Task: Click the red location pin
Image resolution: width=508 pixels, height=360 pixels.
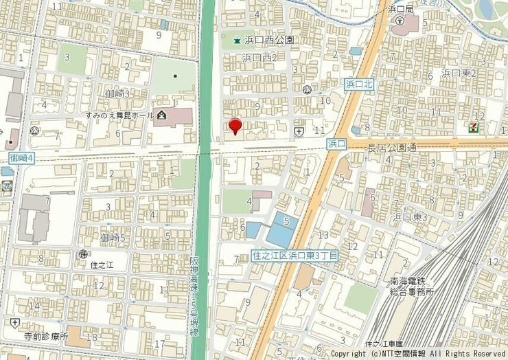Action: pyautogui.click(x=235, y=126)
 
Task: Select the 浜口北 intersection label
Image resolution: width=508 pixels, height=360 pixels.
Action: pyautogui.click(x=358, y=84)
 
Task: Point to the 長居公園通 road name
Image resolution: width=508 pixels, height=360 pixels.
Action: pyautogui.click(x=392, y=148)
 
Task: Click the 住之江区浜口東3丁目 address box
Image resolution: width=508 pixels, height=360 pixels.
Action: pyautogui.click(x=295, y=255)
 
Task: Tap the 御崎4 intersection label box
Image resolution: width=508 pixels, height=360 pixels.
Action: pyautogui.click(x=17, y=159)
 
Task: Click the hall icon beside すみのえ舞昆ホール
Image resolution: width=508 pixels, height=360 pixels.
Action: pyautogui.click(x=161, y=114)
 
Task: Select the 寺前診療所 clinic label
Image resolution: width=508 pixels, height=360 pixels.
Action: pyautogui.click(x=46, y=337)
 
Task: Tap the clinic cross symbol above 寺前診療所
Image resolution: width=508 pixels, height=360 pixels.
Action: pyautogui.click(x=15, y=323)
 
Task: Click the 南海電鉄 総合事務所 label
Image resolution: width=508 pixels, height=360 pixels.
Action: pyautogui.click(x=412, y=286)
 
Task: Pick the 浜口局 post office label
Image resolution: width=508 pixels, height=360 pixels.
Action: pyautogui.click(x=400, y=9)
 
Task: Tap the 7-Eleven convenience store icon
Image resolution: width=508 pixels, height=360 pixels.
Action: pyautogui.click(x=474, y=127)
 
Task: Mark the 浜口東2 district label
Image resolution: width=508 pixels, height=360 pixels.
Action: pyautogui.click(x=459, y=72)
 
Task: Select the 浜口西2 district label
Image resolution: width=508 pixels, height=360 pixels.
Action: pyautogui.click(x=259, y=58)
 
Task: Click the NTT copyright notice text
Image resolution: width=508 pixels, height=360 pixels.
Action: pyautogui.click(x=418, y=354)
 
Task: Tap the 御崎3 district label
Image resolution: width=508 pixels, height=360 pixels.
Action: pyautogui.click(x=118, y=93)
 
